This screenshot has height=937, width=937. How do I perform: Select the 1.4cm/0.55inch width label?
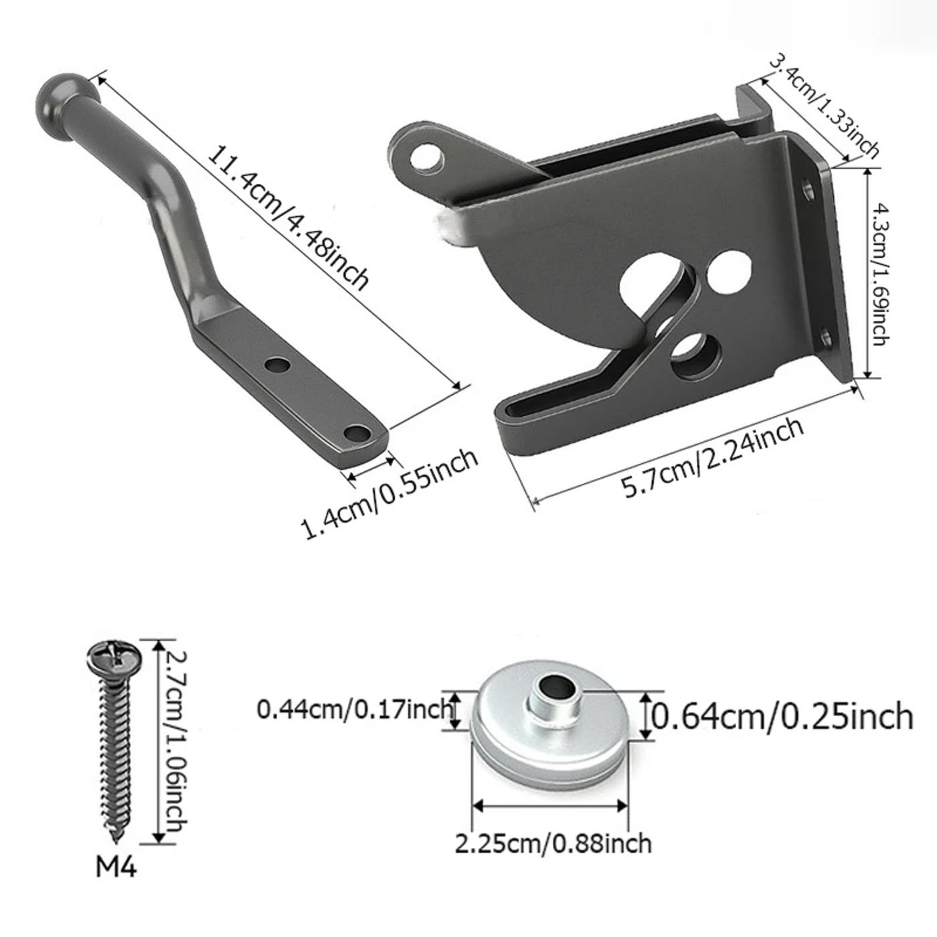click(390, 493)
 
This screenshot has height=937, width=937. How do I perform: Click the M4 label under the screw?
click(116, 867)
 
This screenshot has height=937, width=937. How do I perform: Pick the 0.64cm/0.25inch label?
click(782, 716)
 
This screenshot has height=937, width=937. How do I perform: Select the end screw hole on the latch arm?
click(359, 432)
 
